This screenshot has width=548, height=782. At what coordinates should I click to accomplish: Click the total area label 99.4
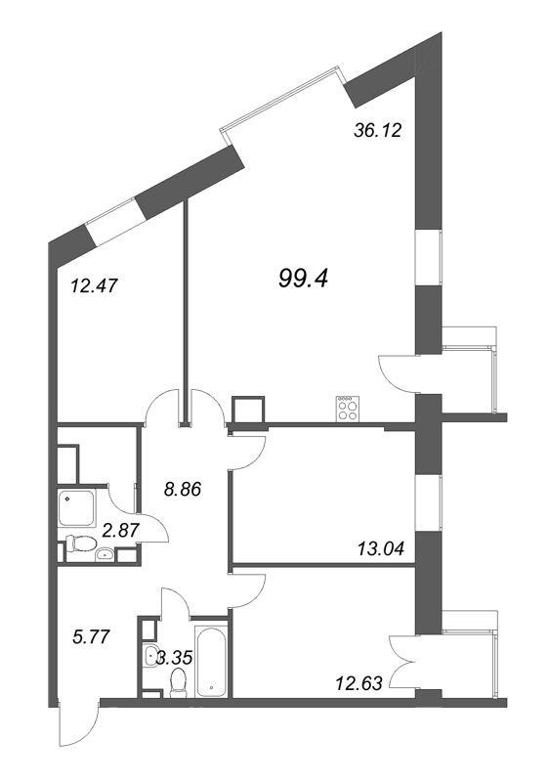click(304, 280)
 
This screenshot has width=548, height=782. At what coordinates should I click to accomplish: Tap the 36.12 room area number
click(376, 128)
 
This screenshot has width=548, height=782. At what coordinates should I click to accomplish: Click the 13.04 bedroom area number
click(376, 549)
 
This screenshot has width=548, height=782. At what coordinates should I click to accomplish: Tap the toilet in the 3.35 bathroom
click(178, 683)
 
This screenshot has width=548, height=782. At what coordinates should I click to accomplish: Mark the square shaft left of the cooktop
click(247, 412)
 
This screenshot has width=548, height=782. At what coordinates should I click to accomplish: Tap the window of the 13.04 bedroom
click(427, 499)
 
